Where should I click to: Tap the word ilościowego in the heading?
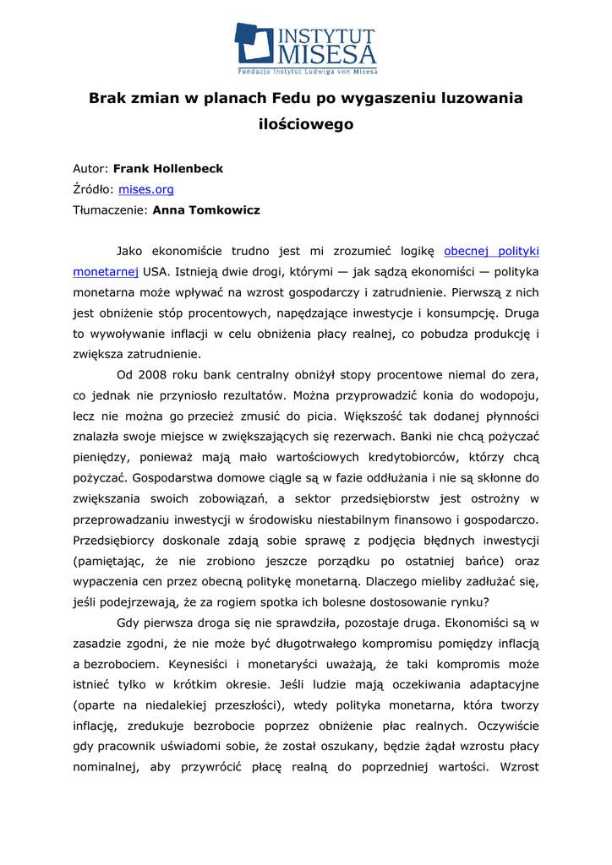pyautogui.click(x=305, y=124)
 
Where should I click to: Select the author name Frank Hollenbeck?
pyautogui.click(x=168, y=168)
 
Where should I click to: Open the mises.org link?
pyautogui.click(x=145, y=189)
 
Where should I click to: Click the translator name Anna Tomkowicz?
pyautogui.click(x=206, y=209)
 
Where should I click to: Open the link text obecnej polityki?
pyautogui.click(x=491, y=251)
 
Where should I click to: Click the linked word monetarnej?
pyautogui.click(x=106, y=272)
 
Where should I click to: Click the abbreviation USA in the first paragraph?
pyautogui.click(x=154, y=272)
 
